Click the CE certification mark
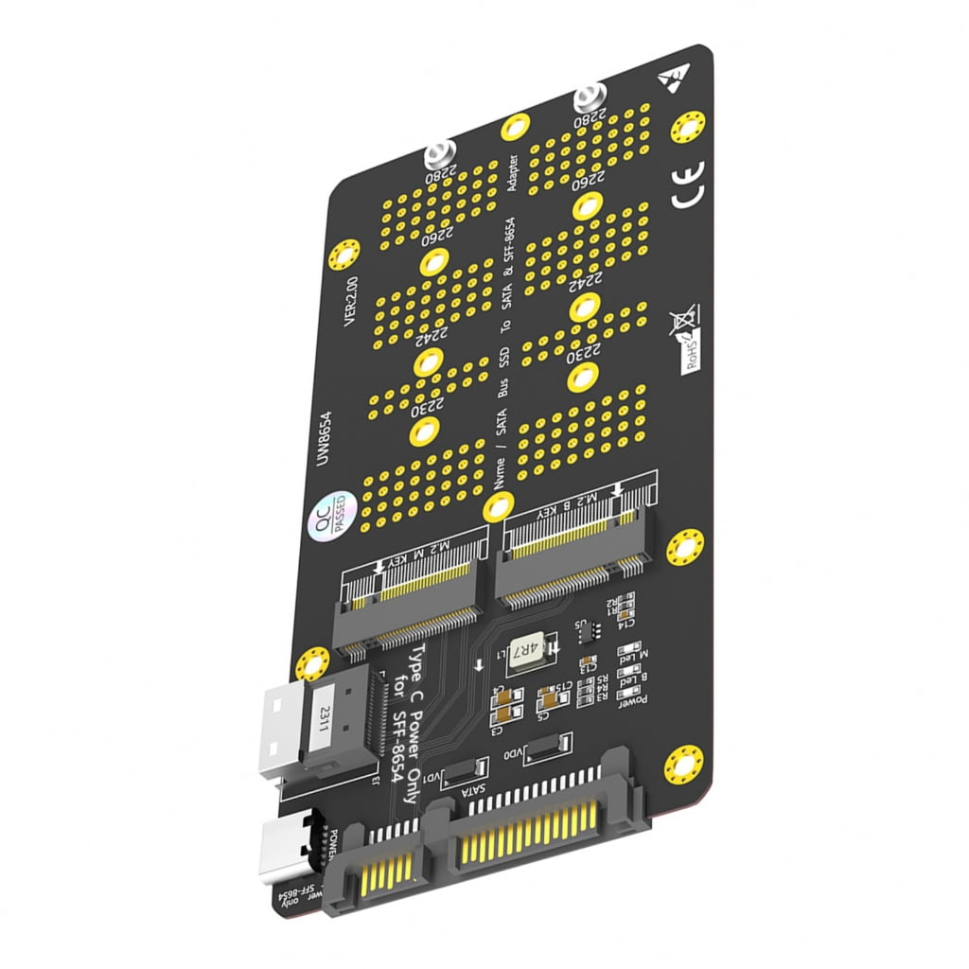(x=688, y=185)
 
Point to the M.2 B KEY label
(x=561, y=503)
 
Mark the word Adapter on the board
(x=514, y=173)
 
